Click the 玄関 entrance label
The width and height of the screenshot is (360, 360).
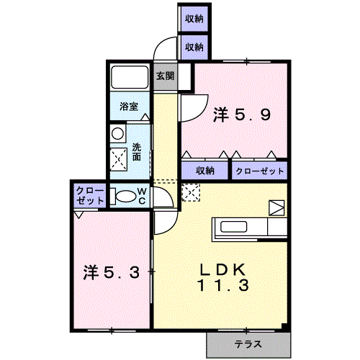pos(165,76)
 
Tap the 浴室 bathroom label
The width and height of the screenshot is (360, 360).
pos(129,106)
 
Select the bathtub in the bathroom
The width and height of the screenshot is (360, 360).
pos(130,77)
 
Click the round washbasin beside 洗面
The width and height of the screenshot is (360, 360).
pos(118,134)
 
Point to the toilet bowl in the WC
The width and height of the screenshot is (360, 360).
pos(125,196)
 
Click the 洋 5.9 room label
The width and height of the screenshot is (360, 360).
pos(242,114)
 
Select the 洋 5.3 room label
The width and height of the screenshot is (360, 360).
pos(112,272)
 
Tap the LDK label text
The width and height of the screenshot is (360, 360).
pos(223,269)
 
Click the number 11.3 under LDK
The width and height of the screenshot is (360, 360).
pos(223,285)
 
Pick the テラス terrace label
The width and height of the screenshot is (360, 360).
pos(248,344)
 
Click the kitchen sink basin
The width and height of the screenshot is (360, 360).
pos(233,227)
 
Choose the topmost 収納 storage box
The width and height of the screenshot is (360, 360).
pos(194,19)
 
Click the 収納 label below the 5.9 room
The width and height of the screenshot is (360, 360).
pos(205,171)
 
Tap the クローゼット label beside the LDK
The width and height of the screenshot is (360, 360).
pos(260,171)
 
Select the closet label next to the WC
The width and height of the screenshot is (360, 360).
pos(90,196)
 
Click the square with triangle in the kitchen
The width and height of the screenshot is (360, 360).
pos(276,207)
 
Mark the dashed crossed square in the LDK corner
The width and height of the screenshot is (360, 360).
pos(191,192)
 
